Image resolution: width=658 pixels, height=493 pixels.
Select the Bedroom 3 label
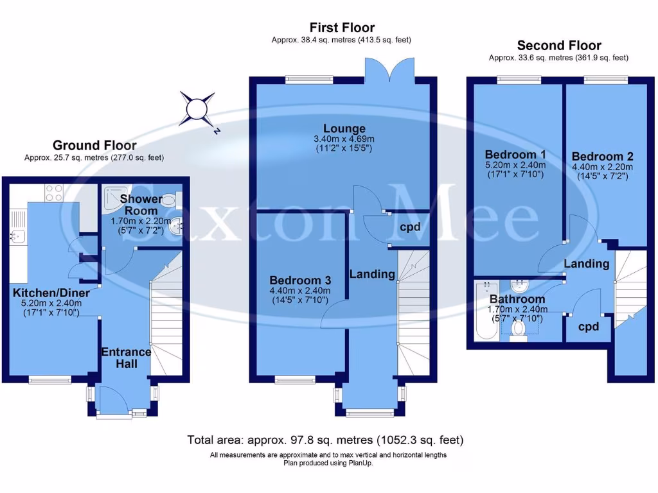click(300, 281)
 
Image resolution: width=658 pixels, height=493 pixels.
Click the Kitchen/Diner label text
click(51, 293)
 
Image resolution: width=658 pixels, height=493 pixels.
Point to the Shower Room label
click(142, 205)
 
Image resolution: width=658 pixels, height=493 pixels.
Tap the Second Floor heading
click(559, 46)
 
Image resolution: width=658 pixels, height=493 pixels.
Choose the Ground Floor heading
click(94, 145)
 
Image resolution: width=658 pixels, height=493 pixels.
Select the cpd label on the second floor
click(589, 326)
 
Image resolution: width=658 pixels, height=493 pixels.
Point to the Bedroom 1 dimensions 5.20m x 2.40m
click(516, 164)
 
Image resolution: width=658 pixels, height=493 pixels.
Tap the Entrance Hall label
click(126, 358)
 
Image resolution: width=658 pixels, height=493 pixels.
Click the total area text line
click(325, 440)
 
